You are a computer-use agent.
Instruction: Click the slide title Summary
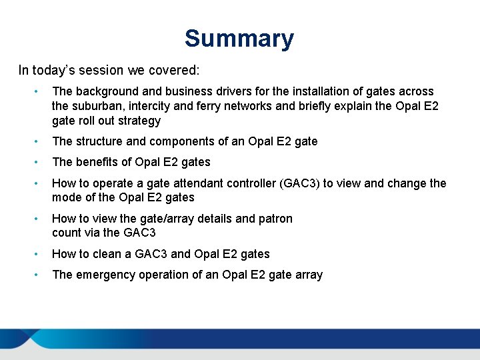[x=239, y=39]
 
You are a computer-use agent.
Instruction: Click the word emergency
[x=105, y=275]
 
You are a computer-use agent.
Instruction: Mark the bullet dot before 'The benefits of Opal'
[x=41, y=162]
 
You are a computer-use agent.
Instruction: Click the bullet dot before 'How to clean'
[x=41, y=254]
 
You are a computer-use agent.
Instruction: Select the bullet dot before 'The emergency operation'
[x=41, y=275]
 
